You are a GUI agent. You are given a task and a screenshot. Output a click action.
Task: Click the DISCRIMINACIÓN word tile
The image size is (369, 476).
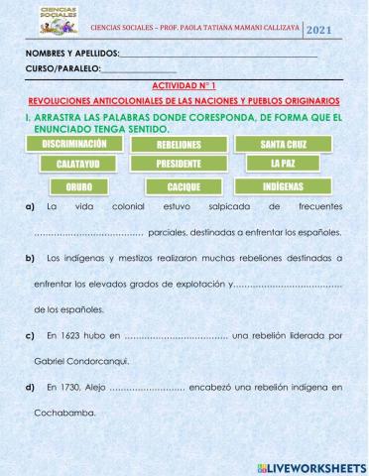(74, 144)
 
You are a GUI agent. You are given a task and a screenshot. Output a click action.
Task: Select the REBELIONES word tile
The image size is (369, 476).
(179, 145)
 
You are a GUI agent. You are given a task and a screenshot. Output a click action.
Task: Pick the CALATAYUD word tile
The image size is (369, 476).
(74, 164)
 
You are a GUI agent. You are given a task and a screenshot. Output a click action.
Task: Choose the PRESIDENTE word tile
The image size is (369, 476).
(179, 164)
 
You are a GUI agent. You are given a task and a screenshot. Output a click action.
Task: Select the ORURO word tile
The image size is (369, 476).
(79, 186)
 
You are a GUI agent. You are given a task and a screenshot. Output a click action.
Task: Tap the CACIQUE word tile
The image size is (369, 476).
(184, 186)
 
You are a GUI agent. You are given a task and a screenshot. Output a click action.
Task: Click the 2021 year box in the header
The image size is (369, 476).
(346, 30)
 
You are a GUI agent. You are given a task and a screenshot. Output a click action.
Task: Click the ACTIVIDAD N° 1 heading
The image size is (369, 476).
(184, 86)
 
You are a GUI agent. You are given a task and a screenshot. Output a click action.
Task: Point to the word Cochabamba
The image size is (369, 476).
(67, 414)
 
